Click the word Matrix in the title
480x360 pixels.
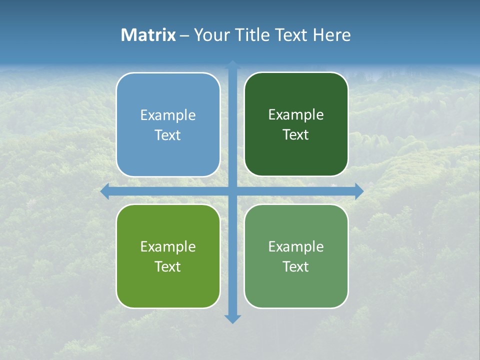(148, 35)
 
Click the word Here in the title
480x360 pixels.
(332, 35)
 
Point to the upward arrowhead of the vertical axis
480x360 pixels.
(232, 64)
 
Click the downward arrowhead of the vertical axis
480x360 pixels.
(232, 318)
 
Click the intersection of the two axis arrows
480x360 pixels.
(232, 191)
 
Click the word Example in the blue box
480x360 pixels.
(168, 115)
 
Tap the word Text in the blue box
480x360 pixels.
(168, 135)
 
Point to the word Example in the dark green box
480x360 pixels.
(296, 115)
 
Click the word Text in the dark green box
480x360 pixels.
(296, 135)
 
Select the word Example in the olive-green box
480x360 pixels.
(168, 247)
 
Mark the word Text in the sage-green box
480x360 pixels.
(296, 267)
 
